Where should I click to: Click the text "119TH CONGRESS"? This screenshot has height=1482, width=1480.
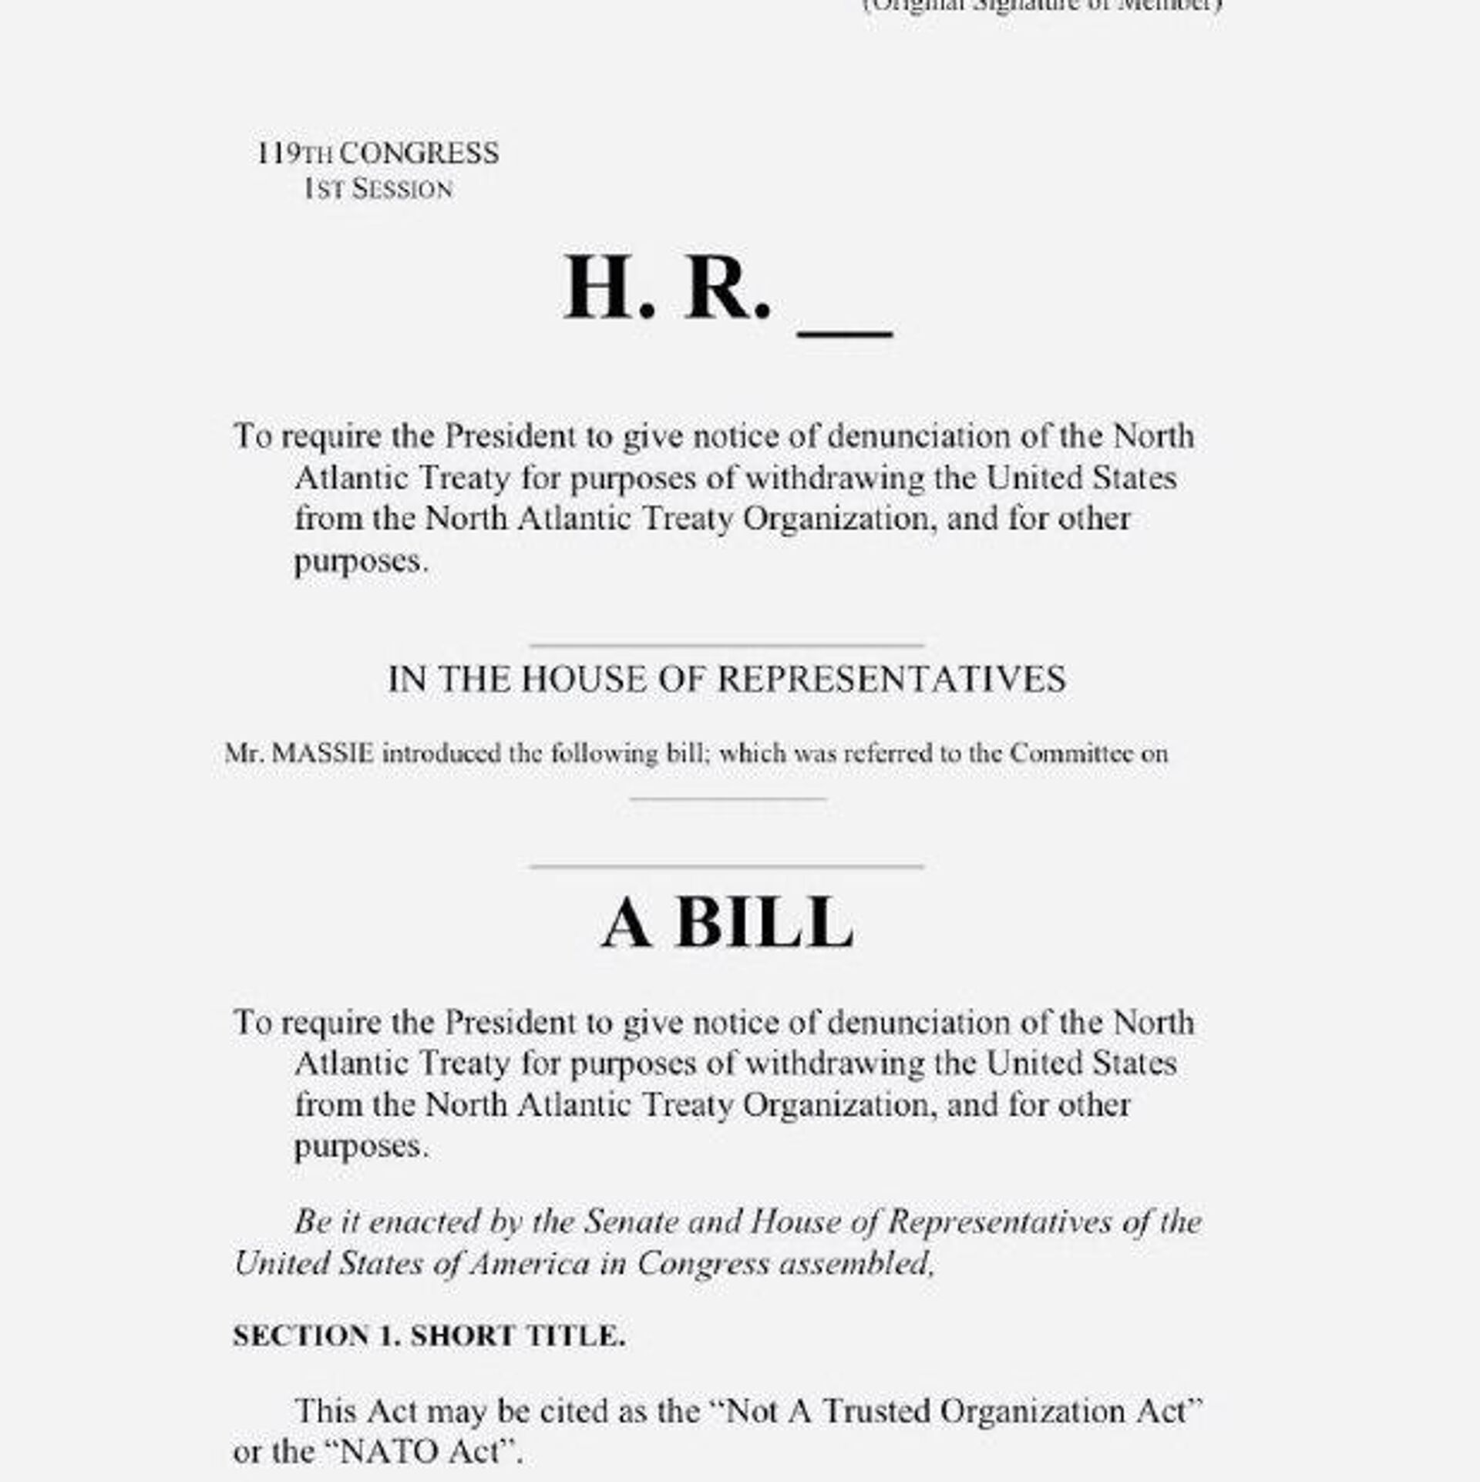pos(378,153)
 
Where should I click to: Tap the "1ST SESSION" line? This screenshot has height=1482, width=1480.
pos(378,190)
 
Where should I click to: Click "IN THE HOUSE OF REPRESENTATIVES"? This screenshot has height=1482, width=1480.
pos(727,680)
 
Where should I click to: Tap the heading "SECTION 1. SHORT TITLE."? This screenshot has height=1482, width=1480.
pos(429,1336)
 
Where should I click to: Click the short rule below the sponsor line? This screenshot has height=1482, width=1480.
pos(727,798)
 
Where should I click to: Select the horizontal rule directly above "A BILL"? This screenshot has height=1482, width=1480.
pos(727,866)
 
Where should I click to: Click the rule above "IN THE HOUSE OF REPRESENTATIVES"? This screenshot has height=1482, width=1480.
pos(727,645)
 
